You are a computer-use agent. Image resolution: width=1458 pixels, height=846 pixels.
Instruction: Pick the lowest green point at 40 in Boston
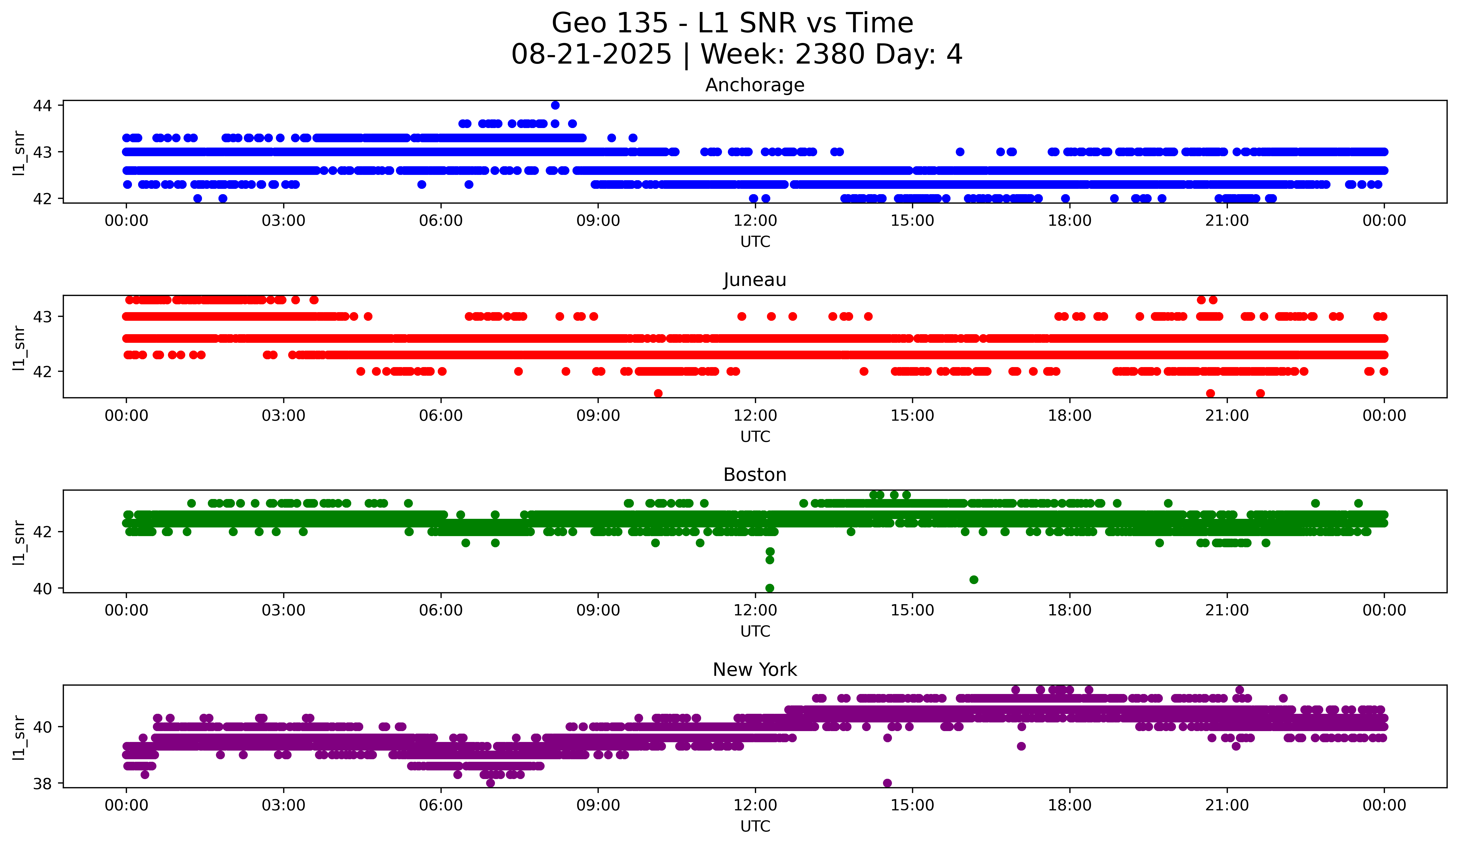[x=769, y=588]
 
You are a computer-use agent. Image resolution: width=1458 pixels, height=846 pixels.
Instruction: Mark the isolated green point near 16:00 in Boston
[x=974, y=579]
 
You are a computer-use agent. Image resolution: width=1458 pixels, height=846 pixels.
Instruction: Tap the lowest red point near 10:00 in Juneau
[x=658, y=393]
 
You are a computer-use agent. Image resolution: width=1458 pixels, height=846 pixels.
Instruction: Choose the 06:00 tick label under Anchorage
[x=441, y=220]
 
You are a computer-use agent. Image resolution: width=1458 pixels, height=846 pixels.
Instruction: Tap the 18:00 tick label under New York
[x=1070, y=805]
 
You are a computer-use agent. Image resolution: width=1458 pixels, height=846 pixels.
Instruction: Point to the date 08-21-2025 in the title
[x=591, y=54]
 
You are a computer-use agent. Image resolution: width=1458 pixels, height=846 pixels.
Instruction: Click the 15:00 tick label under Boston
[x=912, y=610]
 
